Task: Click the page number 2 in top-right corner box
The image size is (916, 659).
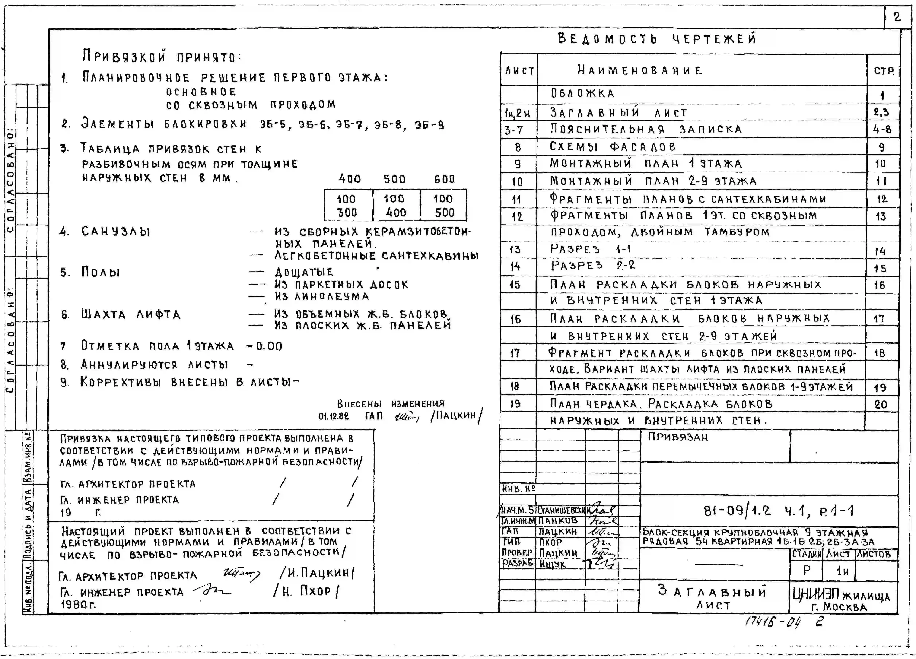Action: click(x=897, y=17)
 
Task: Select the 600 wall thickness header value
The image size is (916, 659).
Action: click(x=444, y=179)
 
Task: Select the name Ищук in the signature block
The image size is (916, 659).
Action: click(x=552, y=564)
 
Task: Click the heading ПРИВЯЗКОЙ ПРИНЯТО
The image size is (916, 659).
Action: click(x=161, y=56)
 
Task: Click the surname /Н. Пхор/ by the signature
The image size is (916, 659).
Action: click(x=306, y=591)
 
